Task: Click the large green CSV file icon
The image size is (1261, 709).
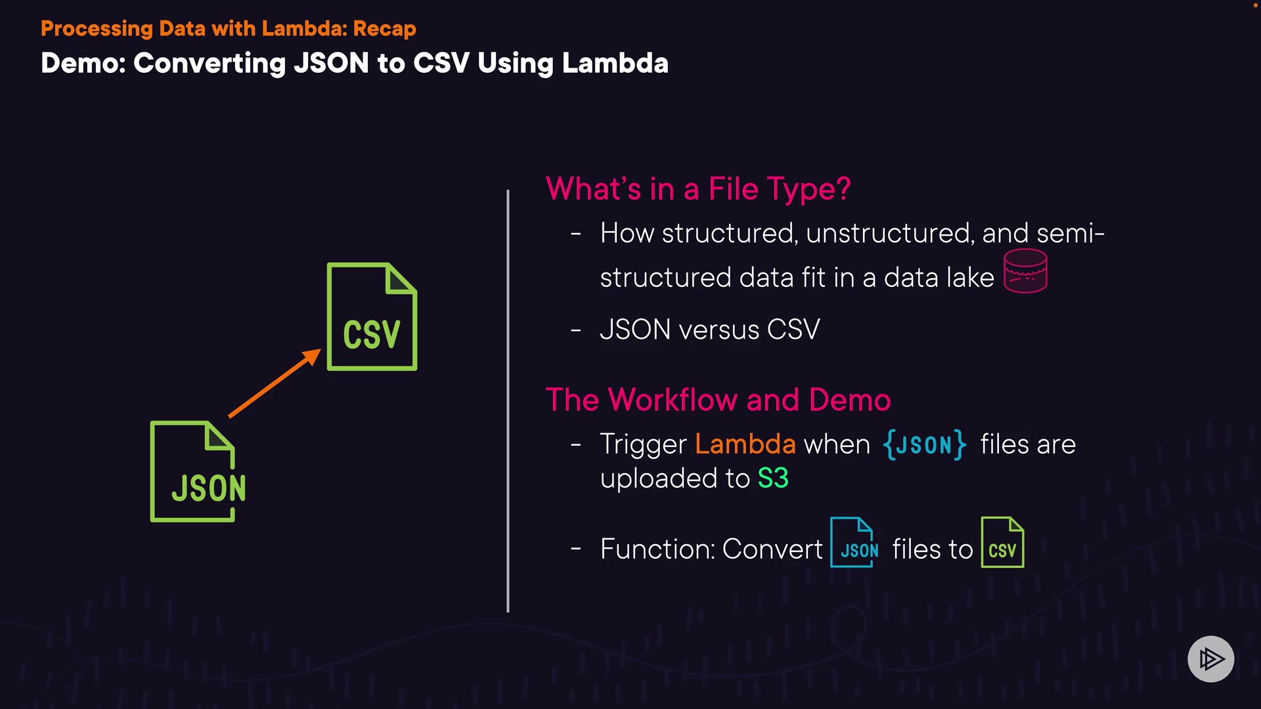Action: [x=372, y=317]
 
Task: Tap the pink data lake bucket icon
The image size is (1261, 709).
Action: [x=1025, y=271]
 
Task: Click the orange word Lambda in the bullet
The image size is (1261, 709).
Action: [x=745, y=444]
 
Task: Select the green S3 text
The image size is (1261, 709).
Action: [x=773, y=479]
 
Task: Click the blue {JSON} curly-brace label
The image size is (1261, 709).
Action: [x=924, y=444]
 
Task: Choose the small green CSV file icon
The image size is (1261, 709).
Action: [x=1002, y=542]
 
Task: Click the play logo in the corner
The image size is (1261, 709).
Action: [x=1210, y=658]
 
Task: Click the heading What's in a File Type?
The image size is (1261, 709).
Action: [x=698, y=189]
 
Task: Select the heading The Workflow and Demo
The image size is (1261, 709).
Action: [x=718, y=400]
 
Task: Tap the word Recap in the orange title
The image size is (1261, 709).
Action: [x=384, y=29]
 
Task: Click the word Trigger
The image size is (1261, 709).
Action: [x=643, y=445]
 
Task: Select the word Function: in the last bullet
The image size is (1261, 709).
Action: [x=657, y=549]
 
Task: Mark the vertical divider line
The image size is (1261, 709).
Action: [x=508, y=400]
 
